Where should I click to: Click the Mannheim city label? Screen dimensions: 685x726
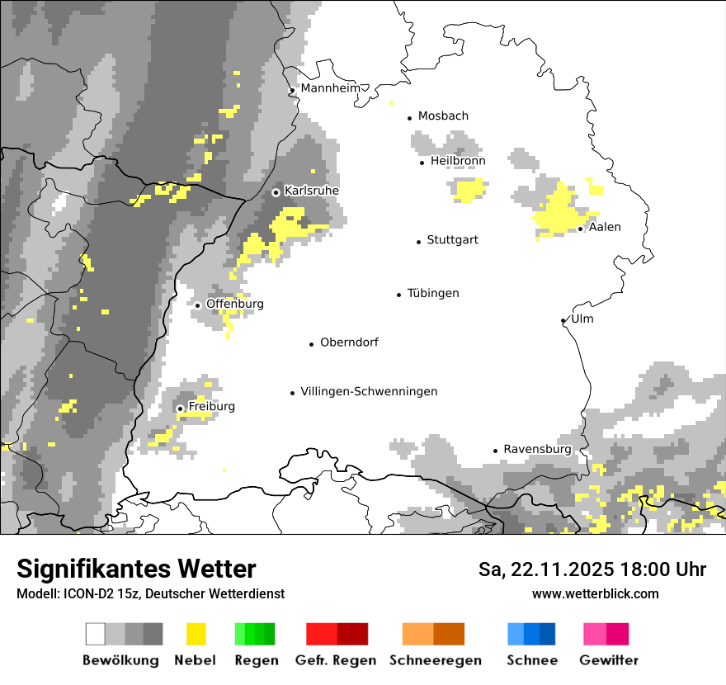330,87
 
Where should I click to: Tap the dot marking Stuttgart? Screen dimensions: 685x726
418,241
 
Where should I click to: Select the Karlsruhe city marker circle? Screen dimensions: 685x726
276,191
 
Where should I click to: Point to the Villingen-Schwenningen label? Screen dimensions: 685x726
369,391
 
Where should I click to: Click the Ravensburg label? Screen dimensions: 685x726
537,449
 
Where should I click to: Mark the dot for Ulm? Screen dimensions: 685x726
563,320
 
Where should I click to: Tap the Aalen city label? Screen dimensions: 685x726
605,227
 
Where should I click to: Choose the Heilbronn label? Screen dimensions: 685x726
458,160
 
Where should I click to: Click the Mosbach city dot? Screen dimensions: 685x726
409,118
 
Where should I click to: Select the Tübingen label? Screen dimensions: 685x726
433,293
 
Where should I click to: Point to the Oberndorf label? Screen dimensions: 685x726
349,342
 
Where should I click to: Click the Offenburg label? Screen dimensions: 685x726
235,304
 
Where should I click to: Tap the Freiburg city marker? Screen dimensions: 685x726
180,408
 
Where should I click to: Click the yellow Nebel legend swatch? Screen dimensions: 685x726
196,634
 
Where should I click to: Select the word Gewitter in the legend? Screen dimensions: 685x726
608,660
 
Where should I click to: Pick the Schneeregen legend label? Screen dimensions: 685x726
435,660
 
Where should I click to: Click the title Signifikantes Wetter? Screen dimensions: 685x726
136,569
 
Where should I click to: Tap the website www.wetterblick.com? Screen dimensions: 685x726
595,593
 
